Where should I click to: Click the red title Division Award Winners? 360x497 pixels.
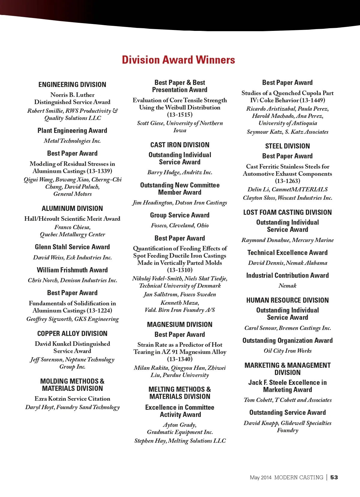178,60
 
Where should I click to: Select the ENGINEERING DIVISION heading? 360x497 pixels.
72,85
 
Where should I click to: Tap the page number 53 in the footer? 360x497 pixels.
334,477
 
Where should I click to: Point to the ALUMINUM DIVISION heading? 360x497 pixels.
72,208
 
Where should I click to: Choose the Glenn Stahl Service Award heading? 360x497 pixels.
72,247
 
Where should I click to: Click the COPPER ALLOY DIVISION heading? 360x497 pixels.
72,334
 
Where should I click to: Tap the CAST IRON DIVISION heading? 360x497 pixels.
180,145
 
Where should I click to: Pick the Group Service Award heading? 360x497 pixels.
180,215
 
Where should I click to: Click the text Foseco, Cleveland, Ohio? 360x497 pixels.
180,225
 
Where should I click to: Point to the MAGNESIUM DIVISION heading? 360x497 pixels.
180,325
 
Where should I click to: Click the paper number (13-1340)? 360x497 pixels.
180,359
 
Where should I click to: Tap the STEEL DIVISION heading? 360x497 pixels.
287,146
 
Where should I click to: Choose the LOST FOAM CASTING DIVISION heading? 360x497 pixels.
287,212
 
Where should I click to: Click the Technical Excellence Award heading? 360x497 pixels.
287,253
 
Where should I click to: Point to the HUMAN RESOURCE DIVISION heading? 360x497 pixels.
287,300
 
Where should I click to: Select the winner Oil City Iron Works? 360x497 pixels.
287,351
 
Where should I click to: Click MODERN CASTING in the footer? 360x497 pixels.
298,477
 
